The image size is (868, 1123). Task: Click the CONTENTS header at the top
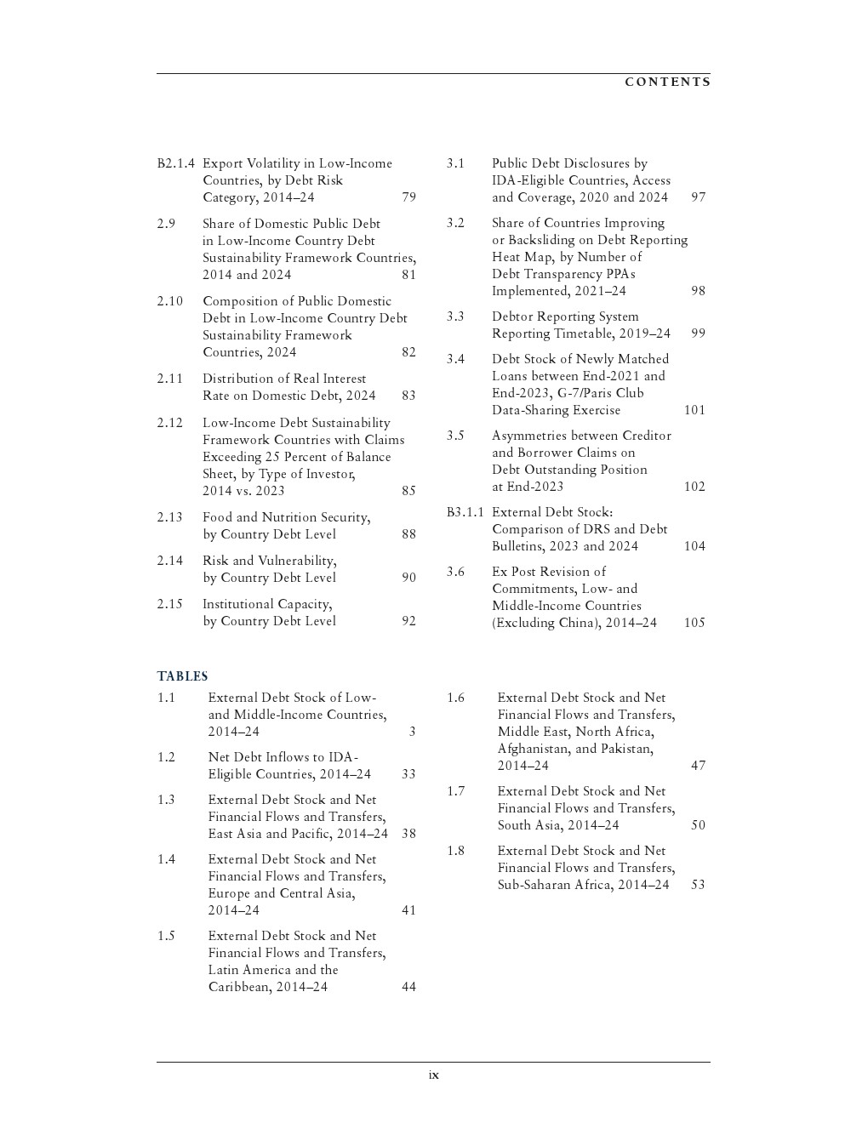click(667, 82)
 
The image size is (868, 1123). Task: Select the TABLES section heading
click(182, 676)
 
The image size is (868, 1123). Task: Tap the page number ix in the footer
click(433, 1075)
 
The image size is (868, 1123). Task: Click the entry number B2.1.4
click(175, 163)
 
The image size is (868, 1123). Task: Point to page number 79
click(408, 197)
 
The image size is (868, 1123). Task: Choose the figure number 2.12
click(169, 423)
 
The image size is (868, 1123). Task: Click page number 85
click(408, 491)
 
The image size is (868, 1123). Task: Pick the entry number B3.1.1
click(465, 512)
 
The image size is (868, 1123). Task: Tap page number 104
click(694, 546)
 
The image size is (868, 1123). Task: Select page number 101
click(694, 410)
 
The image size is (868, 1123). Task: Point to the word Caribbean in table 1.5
click(238, 987)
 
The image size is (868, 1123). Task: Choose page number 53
click(698, 885)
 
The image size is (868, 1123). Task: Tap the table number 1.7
click(455, 791)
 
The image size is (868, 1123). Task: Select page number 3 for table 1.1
click(412, 732)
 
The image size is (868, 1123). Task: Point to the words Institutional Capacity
click(266, 604)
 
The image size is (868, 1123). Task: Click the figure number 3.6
click(455, 572)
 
